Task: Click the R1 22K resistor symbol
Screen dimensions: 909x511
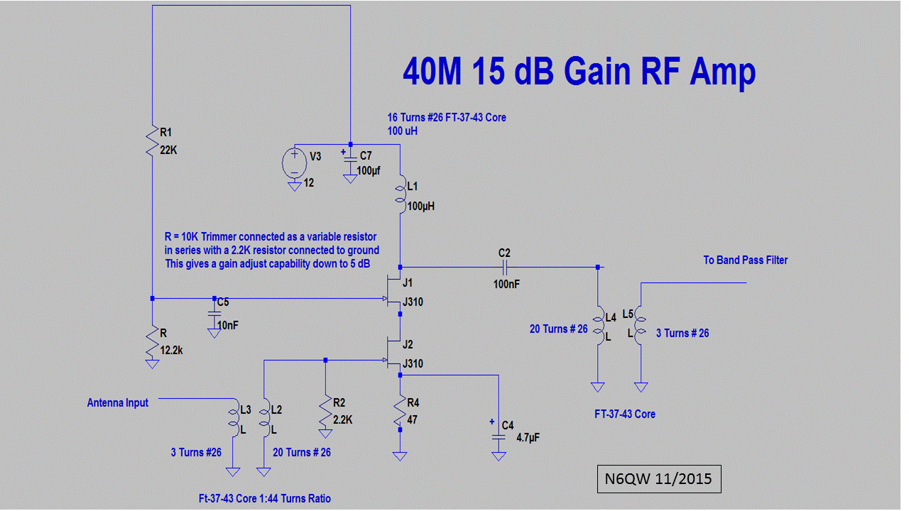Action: [152, 141]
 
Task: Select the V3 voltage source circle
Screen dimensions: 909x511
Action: [295, 163]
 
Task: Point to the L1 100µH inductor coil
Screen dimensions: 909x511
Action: [401, 194]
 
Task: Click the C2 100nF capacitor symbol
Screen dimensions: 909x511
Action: [505, 268]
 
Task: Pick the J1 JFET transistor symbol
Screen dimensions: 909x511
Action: [393, 291]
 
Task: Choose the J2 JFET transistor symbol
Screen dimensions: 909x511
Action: [393, 353]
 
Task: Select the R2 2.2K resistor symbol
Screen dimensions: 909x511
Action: [325, 413]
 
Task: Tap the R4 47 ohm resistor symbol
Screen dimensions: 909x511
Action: [400, 411]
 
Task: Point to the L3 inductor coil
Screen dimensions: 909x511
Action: [234, 418]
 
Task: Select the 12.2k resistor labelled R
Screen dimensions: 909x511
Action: [152, 341]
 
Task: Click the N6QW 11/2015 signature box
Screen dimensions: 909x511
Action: [659, 479]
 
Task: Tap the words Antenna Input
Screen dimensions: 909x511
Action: [118, 402]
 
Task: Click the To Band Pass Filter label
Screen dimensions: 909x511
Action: [746, 260]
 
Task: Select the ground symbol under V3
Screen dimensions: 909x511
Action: [295, 186]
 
